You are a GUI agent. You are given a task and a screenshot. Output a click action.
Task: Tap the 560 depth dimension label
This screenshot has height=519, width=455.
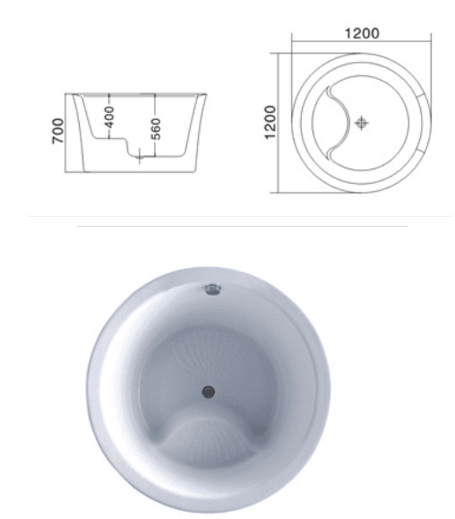pos(156,128)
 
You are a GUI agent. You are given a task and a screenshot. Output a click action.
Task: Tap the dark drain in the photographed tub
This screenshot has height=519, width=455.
pos(209,391)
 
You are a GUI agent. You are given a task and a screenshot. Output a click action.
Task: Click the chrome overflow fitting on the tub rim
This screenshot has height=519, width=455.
pos(212,289)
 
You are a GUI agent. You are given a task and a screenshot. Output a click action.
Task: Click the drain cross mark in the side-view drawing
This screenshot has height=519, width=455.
pos(141,158)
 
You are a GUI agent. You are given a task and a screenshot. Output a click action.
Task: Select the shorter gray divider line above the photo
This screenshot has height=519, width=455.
pos(242,227)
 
